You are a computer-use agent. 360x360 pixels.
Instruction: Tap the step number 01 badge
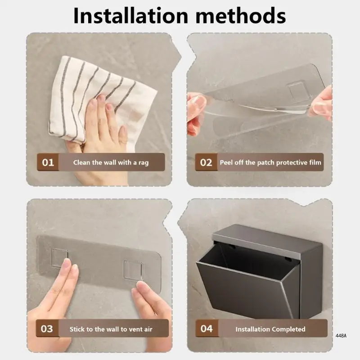point(48,162)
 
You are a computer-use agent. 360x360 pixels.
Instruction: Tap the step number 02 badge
point(206,162)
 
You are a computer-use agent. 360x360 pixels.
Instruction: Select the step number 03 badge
point(47,328)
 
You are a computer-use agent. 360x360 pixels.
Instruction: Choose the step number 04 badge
point(207,328)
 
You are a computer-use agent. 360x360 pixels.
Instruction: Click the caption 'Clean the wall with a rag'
point(111,162)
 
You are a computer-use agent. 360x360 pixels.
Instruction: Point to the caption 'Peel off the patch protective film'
point(270,162)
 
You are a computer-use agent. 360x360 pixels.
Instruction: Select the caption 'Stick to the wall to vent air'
point(111,329)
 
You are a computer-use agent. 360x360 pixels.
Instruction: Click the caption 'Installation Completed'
point(270,329)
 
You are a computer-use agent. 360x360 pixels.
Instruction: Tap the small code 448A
point(341,336)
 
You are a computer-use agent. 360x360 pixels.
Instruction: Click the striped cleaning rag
point(101,96)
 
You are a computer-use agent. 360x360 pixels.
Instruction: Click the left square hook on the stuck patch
point(59,257)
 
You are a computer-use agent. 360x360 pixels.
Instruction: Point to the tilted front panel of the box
point(248,289)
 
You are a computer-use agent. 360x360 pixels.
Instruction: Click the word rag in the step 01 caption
point(144,163)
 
